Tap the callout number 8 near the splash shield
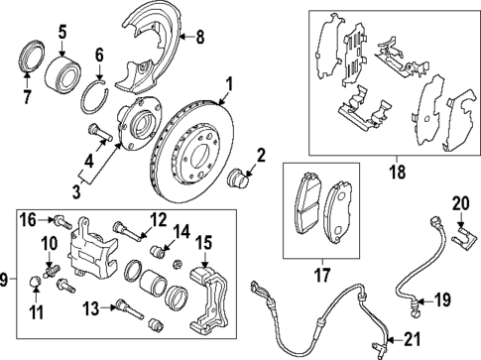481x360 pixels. (199, 39)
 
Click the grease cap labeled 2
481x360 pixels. (239, 180)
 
